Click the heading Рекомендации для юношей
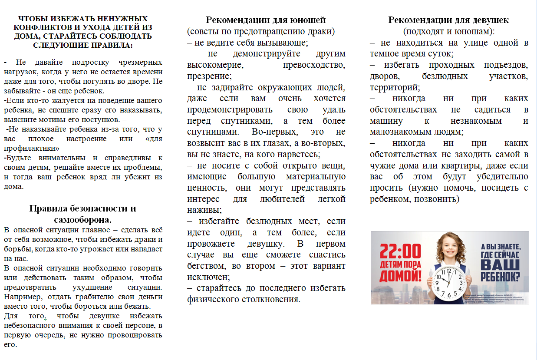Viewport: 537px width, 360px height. click(x=266, y=20)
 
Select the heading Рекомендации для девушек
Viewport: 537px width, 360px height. click(x=448, y=20)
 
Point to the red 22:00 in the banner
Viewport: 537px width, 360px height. click(x=400, y=252)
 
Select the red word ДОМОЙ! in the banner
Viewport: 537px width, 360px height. click(x=400, y=277)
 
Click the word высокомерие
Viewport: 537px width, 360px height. click(x=214, y=66)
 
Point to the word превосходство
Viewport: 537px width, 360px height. click(x=314, y=66)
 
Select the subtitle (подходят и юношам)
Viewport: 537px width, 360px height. click(x=448, y=32)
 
